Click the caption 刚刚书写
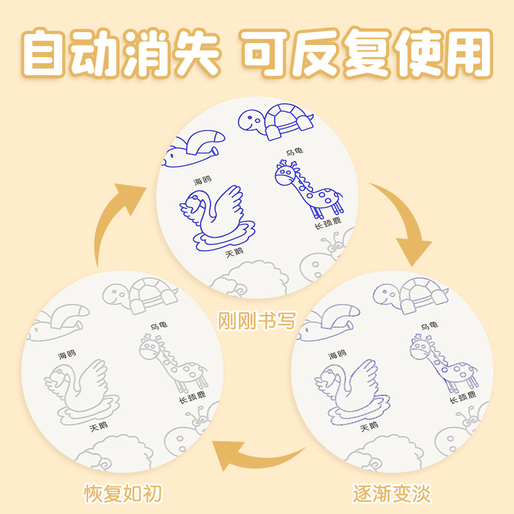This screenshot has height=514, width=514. pyautogui.click(x=256, y=319)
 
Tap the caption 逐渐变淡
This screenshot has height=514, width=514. pyautogui.click(x=391, y=494)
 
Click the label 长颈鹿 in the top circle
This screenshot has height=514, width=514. pyautogui.click(x=327, y=224)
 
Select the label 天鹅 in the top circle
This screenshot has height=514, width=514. pyautogui.click(x=235, y=252)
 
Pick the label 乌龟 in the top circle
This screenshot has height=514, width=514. pyautogui.click(x=294, y=152)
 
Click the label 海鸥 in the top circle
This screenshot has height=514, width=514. pyautogui.click(x=202, y=181)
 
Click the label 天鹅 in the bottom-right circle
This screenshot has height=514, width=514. pyautogui.click(x=369, y=427)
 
